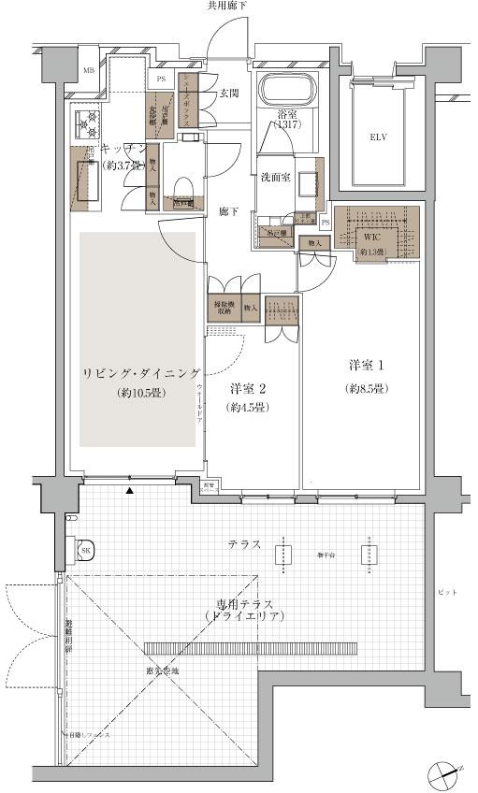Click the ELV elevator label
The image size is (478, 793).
click(x=378, y=137)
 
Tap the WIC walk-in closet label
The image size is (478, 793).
click(x=371, y=238)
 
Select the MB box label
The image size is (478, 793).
click(x=88, y=71)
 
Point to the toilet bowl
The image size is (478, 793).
click(x=182, y=180)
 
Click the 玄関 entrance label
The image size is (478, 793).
click(x=229, y=92)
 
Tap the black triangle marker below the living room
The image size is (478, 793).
click(x=130, y=491)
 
